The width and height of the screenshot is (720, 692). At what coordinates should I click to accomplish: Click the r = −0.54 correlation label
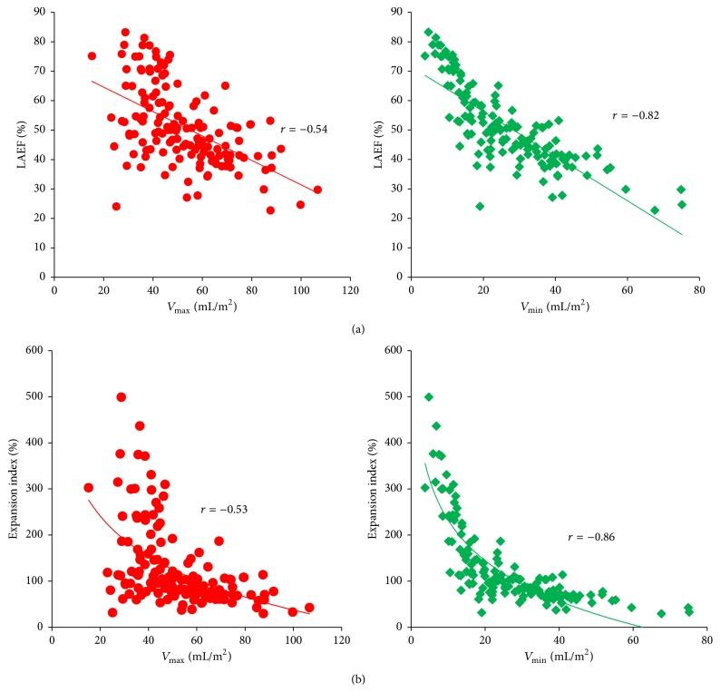[x=305, y=130]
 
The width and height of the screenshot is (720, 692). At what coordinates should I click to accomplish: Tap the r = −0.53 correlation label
[x=224, y=511]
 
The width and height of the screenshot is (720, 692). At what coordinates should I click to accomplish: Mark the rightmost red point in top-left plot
[x=316, y=190]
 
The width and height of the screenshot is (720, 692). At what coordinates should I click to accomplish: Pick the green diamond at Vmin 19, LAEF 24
[x=480, y=206]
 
